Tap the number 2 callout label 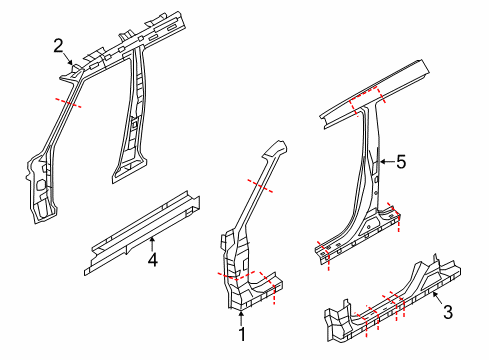[58, 44]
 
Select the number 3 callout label [448, 313]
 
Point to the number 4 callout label [153, 261]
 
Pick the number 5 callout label [401, 161]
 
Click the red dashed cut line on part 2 [68, 102]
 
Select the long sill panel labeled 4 [140, 228]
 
